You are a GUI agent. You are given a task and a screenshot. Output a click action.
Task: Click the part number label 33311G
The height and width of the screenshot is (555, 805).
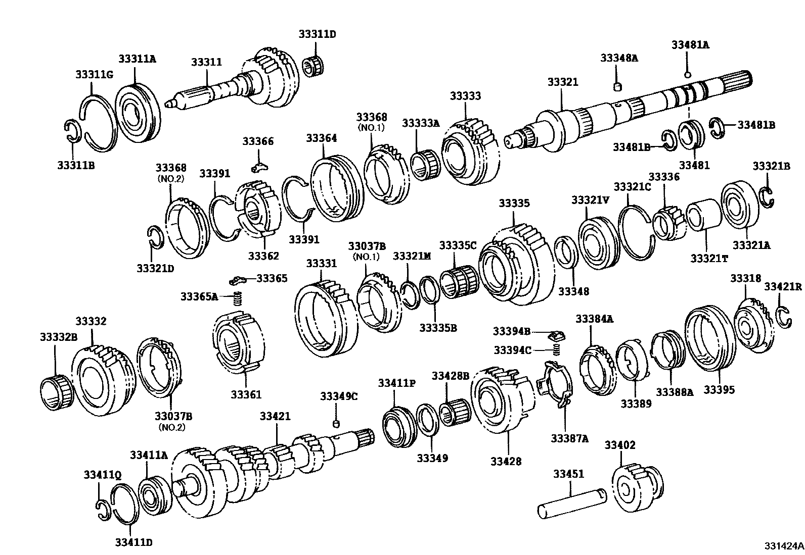[94, 75]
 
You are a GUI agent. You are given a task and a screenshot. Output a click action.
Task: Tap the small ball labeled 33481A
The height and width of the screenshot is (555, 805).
[688, 75]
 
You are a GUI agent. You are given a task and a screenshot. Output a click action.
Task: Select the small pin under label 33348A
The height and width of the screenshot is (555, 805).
[617, 88]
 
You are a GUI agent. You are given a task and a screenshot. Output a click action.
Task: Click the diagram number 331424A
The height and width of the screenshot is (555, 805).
[783, 546]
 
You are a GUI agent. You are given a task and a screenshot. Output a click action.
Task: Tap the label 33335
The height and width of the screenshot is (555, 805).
[514, 203]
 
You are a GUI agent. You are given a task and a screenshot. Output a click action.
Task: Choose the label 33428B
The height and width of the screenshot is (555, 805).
[451, 376]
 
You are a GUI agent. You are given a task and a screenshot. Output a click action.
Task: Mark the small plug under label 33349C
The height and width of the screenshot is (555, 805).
[335, 422]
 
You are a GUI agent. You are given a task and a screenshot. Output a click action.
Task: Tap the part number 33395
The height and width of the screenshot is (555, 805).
[720, 390]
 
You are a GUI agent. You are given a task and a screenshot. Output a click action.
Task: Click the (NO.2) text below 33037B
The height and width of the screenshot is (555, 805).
[172, 427]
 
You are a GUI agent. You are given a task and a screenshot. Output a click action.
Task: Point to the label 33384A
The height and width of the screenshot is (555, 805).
[594, 318]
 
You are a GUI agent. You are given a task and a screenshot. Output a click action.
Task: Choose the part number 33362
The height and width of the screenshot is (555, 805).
[263, 256]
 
